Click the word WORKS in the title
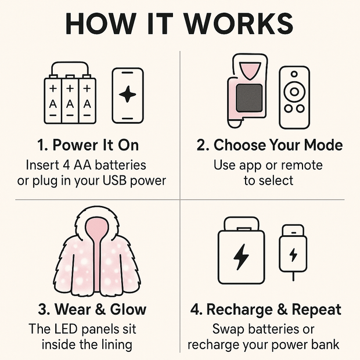(x=239, y=24)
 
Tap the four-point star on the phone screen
(x=127, y=94)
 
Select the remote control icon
(x=294, y=98)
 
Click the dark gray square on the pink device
(x=249, y=98)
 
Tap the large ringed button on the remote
(x=294, y=92)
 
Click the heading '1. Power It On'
(x=88, y=145)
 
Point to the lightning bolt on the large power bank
(x=241, y=257)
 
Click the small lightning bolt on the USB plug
(x=293, y=255)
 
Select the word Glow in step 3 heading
(x=128, y=309)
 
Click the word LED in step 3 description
(x=67, y=329)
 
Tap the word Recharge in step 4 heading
(x=239, y=309)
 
